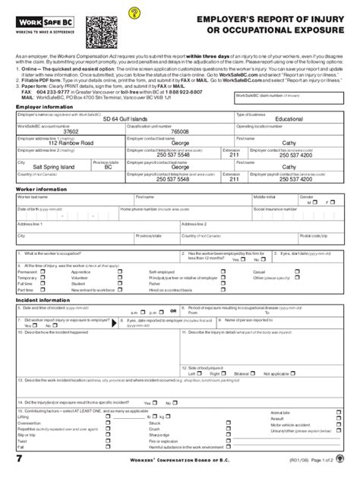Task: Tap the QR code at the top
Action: pos(102,32)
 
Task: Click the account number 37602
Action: pos(49,131)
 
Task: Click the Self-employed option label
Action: pos(162,271)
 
